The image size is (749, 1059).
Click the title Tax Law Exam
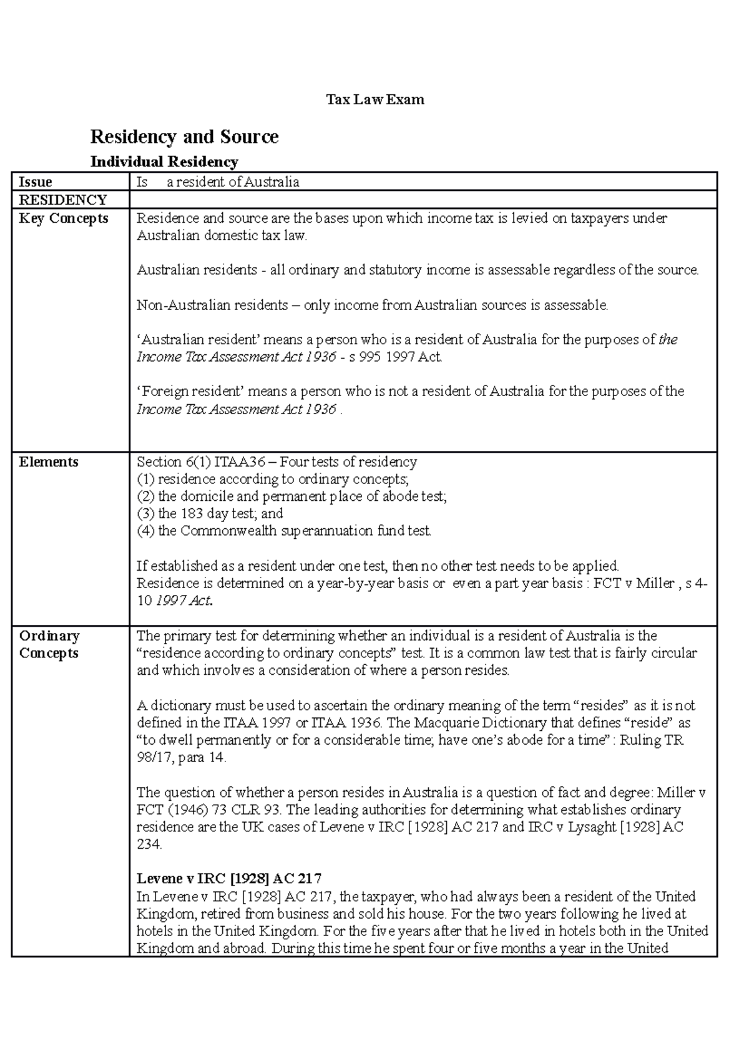pos(375,100)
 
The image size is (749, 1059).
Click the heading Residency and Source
pos(184,137)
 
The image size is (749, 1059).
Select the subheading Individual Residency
pos(164,162)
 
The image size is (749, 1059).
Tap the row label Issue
pos(36,182)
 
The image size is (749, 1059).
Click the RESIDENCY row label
pos(63,200)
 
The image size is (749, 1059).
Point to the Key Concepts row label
pos(64,218)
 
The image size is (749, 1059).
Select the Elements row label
pos(49,462)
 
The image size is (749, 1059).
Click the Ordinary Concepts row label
pos(49,645)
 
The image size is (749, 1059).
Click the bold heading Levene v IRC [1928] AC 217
pos(229,879)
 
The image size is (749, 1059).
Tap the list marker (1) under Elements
pos(145,480)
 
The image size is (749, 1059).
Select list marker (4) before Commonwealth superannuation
pos(145,531)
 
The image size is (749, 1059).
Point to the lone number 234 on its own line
pos(149,844)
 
